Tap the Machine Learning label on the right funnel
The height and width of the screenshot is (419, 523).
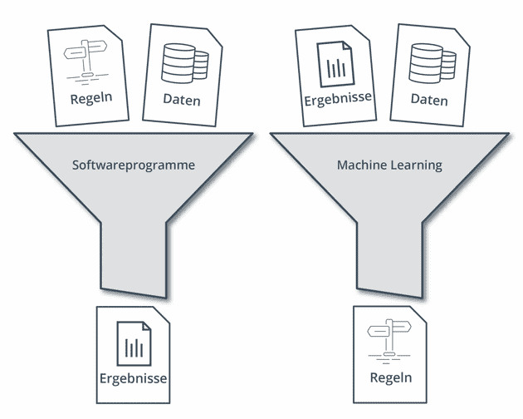(x=389, y=165)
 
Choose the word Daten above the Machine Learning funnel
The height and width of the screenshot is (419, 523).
(x=428, y=101)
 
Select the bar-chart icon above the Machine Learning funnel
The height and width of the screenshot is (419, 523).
(x=335, y=62)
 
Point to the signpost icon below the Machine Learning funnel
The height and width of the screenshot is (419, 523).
(x=391, y=338)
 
